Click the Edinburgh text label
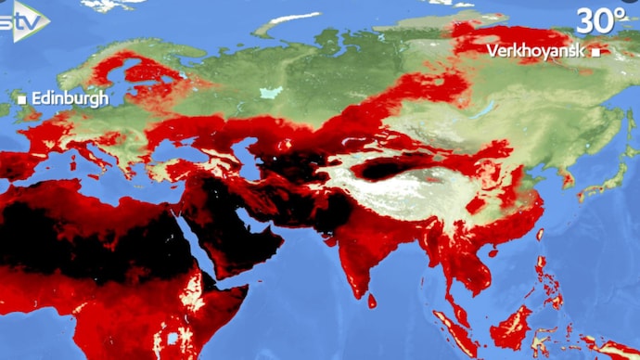pos(70,97)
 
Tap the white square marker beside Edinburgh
pos(21,97)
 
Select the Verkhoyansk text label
pos(535,51)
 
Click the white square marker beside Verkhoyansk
pos(595,52)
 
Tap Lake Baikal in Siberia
pos(482,111)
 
